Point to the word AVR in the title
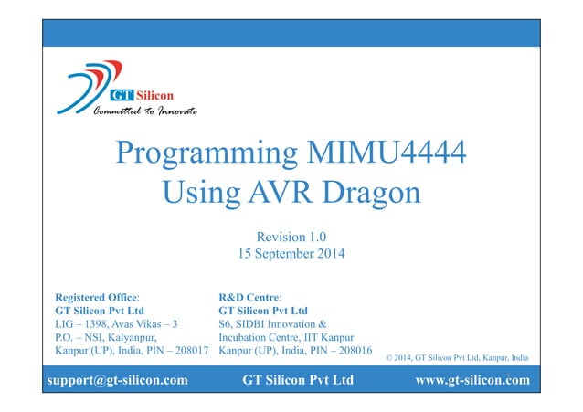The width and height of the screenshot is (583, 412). (273, 192)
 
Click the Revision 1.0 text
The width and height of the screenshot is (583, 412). (292, 236)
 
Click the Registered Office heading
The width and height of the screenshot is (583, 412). (97, 297)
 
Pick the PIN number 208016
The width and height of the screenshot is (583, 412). (350, 350)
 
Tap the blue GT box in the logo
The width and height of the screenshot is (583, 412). (121, 95)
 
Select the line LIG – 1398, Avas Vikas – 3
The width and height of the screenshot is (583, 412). (117, 323)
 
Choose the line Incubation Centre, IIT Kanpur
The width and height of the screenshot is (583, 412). (287, 336)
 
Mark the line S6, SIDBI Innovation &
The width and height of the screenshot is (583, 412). (276, 323)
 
